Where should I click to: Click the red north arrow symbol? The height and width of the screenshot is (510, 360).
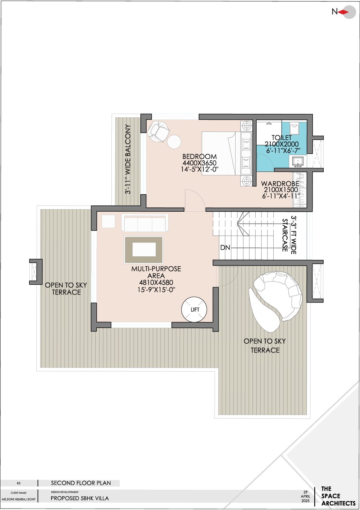[x=344, y=12]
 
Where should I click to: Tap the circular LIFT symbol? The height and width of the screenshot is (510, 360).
[x=194, y=309]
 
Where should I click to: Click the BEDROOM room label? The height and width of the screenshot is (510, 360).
[x=199, y=156]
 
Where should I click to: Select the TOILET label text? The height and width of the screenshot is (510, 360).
[x=281, y=138]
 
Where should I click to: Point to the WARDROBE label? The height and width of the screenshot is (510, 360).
[x=280, y=183]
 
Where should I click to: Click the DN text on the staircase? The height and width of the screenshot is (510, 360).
[x=225, y=247]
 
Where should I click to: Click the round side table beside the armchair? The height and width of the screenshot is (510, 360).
[x=174, y=142]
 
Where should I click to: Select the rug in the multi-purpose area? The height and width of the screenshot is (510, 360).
[x=144, y=249]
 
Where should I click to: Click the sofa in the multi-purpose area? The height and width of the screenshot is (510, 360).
[x=145, y=223]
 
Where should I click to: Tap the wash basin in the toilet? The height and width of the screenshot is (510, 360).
[x=298, y=161]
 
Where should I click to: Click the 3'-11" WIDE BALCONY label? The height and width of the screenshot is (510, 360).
[x=128, y=159]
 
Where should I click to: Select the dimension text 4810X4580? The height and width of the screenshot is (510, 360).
[x=156, y=283]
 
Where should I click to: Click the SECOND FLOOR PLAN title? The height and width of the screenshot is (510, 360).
[x=81, y=483]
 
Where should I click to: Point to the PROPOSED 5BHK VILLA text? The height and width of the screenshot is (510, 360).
[x=80, y=498]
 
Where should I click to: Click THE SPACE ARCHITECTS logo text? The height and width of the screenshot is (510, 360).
[x=337, y=496]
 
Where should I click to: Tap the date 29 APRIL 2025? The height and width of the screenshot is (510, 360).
[x=306, y=496]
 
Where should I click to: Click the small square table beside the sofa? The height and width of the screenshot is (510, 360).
[x=109, y=221]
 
